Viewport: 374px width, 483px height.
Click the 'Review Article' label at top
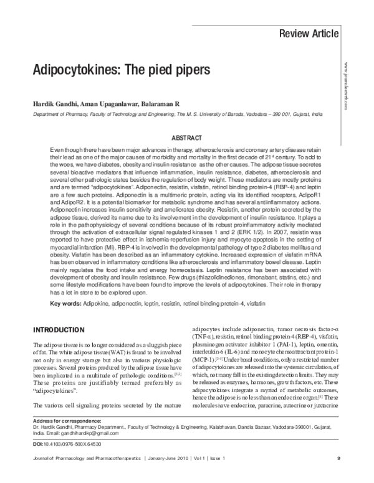coord(309,33)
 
